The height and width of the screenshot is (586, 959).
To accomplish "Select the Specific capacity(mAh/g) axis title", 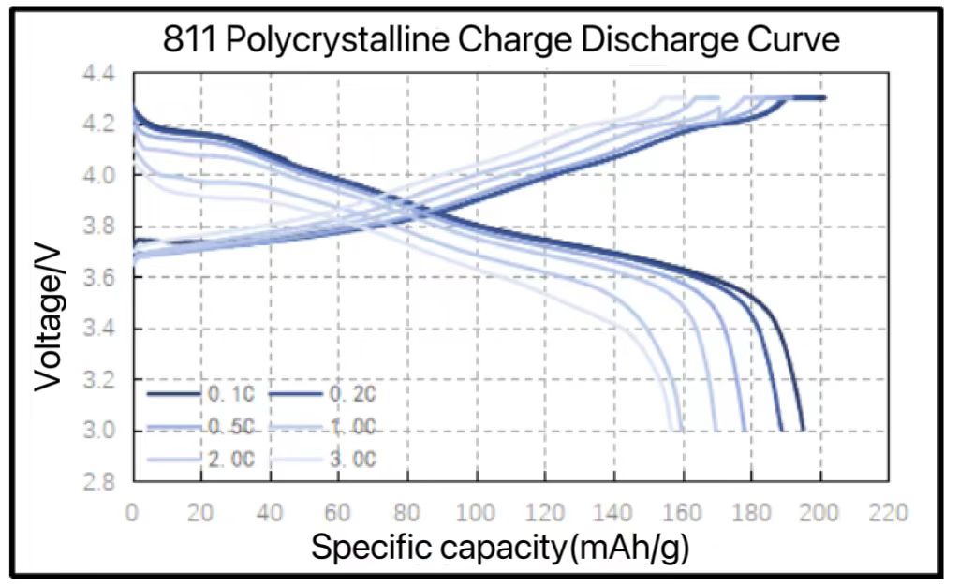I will pyautogui.click(x=500, y=548).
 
